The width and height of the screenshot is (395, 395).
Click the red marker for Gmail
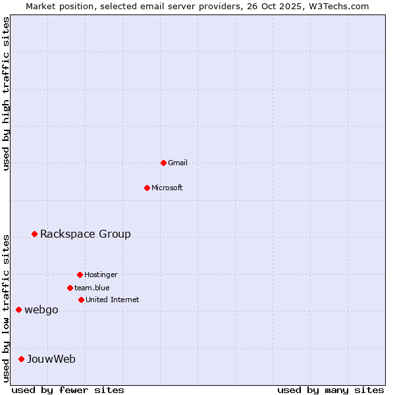point(163,163)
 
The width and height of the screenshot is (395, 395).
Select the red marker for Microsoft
point(147,188)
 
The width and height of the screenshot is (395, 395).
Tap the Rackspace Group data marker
point(34,234)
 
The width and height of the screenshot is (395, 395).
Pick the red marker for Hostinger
point(80,275)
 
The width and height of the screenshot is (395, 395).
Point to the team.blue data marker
point(70,288)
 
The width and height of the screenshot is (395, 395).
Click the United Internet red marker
point(81,300)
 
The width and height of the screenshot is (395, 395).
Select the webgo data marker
point(18,309)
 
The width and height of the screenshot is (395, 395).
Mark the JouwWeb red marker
point(21,359)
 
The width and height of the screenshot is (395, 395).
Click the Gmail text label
point(178,163)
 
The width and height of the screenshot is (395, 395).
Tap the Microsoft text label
point(167,188)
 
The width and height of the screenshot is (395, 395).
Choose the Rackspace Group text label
point(86,234)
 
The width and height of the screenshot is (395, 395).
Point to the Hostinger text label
point(101,275)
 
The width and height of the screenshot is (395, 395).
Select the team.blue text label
point(92,288)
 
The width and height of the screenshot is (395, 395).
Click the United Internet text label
point(113,300)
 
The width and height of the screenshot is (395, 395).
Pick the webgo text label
point(41,310)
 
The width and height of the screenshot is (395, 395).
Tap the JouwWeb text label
point(51,359)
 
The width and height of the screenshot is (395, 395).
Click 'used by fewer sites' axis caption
point(68,390)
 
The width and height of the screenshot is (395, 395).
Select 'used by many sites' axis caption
point(330,390)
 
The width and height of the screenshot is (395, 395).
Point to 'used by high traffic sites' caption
point(6,93)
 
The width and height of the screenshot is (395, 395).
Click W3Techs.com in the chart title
point(336,6)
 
